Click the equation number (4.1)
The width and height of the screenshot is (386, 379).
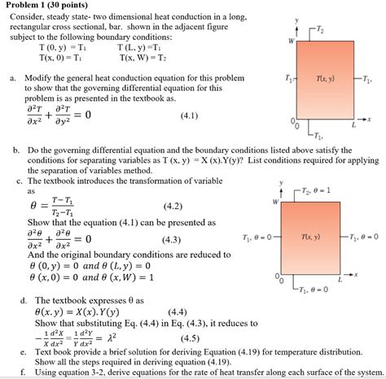pyautogui.click(x=190, y=115)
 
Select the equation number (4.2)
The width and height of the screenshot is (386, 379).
pyautogui.click(x=173, y=207)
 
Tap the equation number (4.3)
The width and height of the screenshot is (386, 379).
pyautogui.click(x=173, y=239)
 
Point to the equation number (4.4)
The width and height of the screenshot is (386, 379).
pyautogui.click(x=179, y=311)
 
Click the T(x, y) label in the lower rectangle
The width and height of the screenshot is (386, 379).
pyautogui.click(x=309, y=237)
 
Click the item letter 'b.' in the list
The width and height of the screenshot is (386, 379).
pyautogui.click(x=15, y=150)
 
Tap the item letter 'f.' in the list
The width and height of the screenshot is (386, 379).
pyautogui.click(x=25, y=372)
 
